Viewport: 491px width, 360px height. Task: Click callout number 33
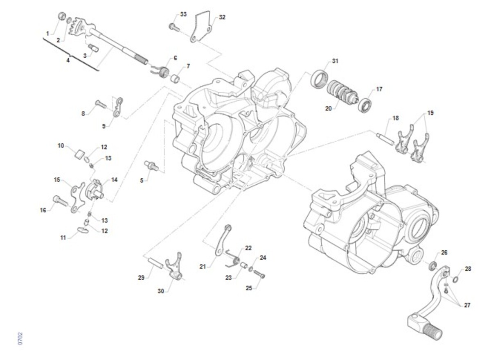click(183, 14)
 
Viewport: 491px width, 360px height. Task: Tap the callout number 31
click(335, 61)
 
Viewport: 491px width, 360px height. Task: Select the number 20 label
click(328, 109)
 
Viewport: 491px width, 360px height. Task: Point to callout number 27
click(467, 305)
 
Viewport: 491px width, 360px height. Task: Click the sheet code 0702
click(20, 339)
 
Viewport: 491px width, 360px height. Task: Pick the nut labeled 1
click(62, 16)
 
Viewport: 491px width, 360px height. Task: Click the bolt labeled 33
click(174, 27)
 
